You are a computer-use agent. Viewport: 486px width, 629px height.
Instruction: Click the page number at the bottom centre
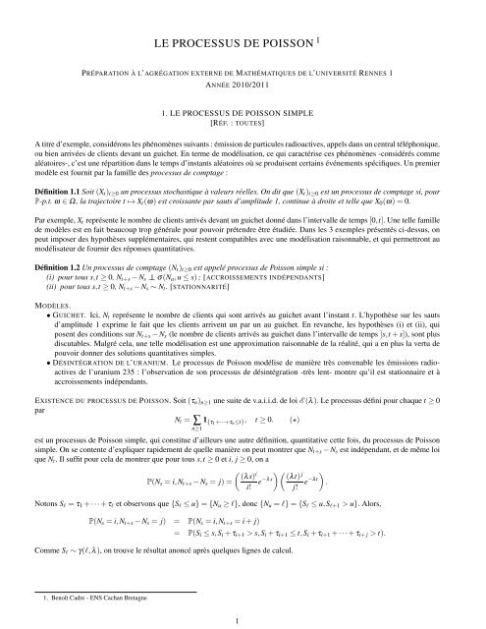tap(243, 619)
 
